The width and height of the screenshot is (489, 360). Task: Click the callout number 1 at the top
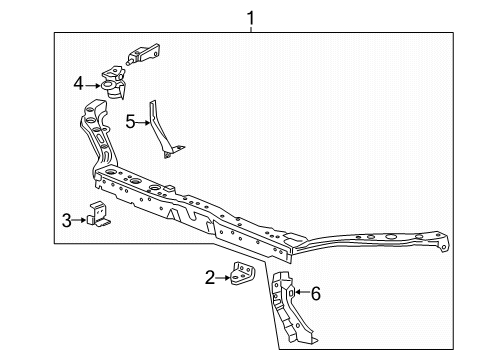[x=251, y=16]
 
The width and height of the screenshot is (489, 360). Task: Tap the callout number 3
[x=66, y=220]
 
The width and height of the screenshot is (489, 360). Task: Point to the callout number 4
[x=77, y=86]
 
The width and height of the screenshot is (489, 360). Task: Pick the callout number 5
[x=130, y=122]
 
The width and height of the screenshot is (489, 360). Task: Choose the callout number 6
[x=315, y=293]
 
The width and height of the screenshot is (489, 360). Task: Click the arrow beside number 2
[x=225, y=277]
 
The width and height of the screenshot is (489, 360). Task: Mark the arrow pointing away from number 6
[x=300, y=293]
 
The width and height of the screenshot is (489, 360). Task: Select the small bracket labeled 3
[x=98, y=217]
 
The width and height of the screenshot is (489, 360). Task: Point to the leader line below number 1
[x=251, y=29]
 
